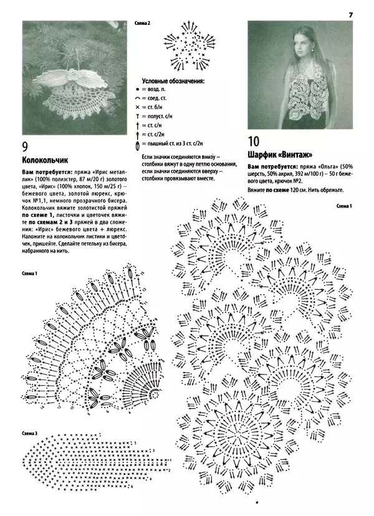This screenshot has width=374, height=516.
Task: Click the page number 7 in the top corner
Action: (350, 14)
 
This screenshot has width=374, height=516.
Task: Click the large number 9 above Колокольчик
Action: (26, 147)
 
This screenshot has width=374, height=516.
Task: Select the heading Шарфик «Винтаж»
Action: (279, 155)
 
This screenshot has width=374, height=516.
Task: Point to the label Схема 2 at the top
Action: (143, 23)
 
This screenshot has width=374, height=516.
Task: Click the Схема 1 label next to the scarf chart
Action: (344, 206)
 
